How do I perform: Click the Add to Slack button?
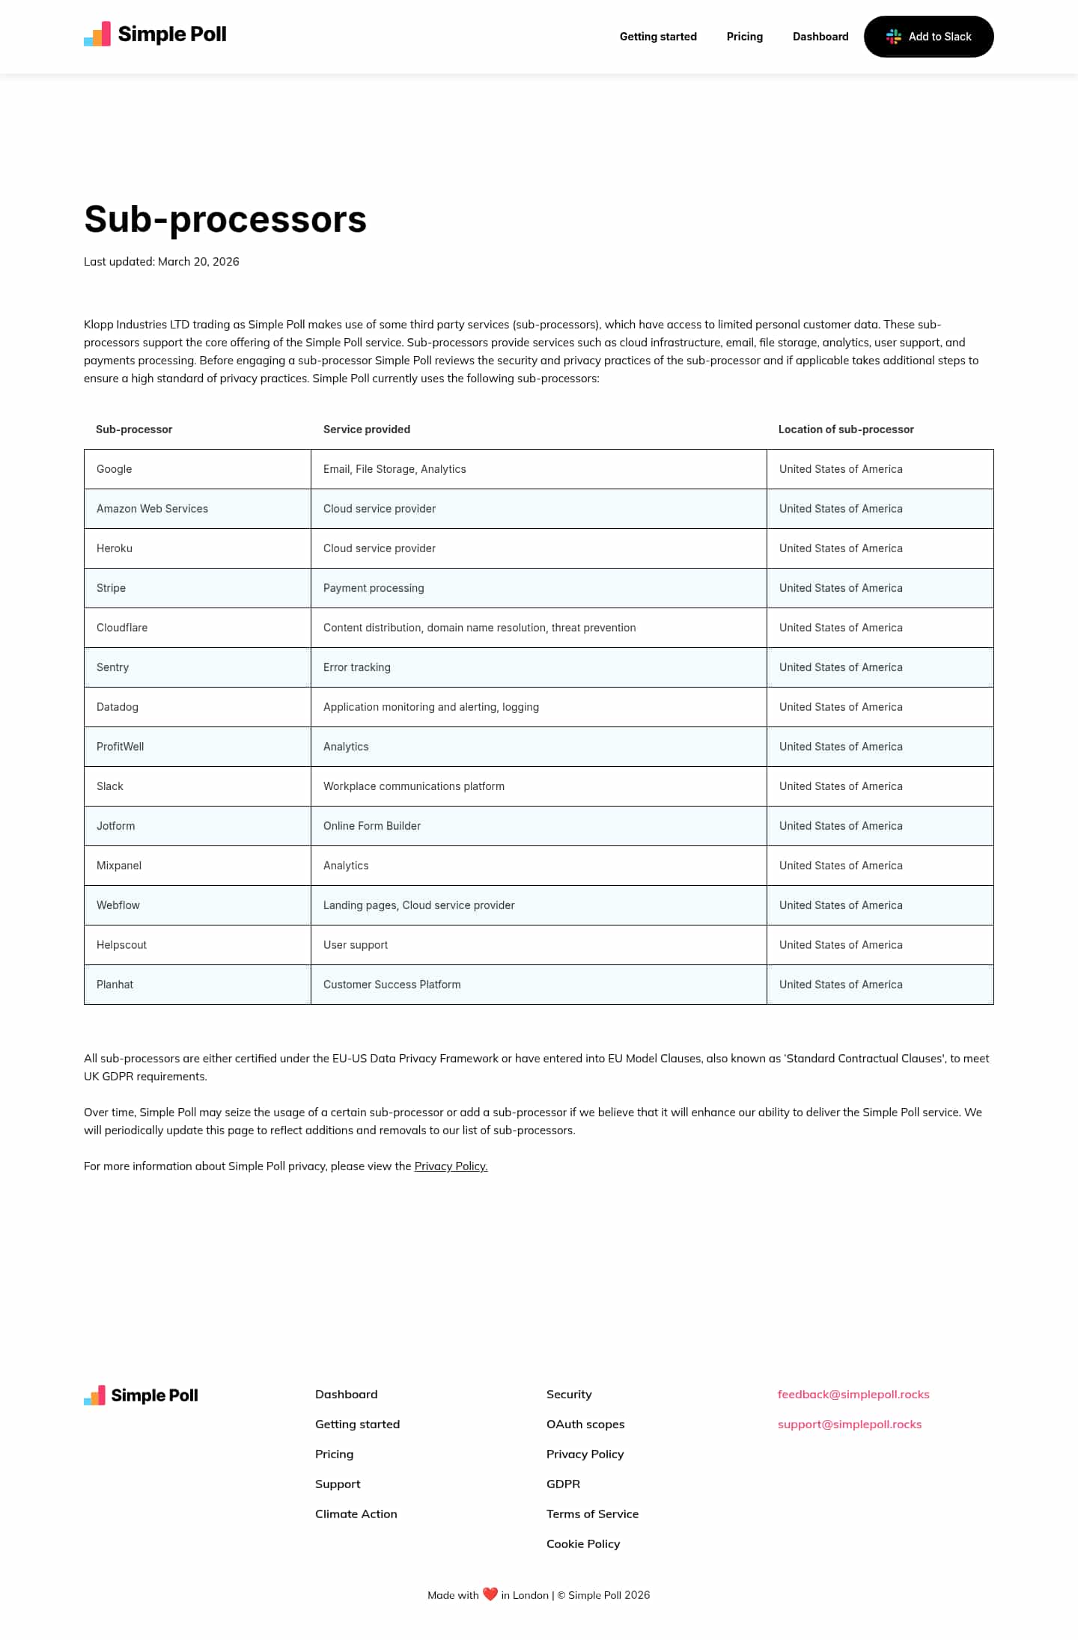(928, 37)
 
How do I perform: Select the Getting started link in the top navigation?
(658, 37)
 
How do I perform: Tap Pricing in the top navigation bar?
(744, 37)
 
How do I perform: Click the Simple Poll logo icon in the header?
(97, 34)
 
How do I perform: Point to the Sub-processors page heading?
(225, 219)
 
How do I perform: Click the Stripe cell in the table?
(111, 588)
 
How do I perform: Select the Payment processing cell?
(374, 588)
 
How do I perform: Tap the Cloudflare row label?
(122, 628)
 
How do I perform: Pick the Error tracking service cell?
(357, 667)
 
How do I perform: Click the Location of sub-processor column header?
(846, 429)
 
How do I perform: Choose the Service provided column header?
(367, 429)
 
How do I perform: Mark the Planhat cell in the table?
(115, 985)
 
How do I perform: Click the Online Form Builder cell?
(372, 826)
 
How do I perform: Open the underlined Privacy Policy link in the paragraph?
(451, 1166)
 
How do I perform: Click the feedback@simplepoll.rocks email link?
(853, 1395)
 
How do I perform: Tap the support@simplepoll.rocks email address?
(850, 1425)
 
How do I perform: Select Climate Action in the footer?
(356, 1514)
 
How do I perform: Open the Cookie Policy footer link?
(583, 1544)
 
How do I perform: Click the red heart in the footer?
(490, 1594)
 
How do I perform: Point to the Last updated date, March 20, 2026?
(198, 262)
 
